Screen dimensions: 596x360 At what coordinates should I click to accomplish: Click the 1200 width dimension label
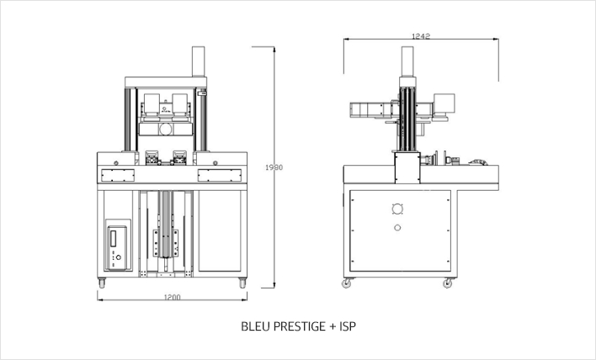click(173, 297)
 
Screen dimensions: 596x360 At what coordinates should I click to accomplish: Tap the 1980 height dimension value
click(274, 167)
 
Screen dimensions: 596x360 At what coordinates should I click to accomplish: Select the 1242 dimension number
click(421, 36)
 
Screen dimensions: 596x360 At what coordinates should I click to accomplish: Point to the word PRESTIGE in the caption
click(300, 326)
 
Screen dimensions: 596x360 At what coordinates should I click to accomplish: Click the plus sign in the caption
click(333, 326)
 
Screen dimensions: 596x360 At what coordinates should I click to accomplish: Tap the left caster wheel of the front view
click(102, 283)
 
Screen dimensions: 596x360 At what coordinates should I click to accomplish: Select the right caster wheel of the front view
click(242, 283)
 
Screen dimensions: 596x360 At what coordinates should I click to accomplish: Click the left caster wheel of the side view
click(347, 283)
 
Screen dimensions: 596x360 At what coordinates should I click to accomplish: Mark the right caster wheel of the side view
click(448, 283)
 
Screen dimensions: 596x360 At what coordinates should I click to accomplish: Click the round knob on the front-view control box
click(118, 257)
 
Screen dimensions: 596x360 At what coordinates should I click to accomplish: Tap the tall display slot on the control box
click(113, 239)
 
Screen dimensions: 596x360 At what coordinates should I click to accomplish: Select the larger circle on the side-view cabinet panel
click(397, 209)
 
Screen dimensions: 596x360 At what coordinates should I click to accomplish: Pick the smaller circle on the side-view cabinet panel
click(397, 228)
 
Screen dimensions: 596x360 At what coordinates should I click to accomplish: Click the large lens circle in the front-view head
click(166, 130)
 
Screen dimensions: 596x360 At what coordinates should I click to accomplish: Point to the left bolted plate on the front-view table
click(118, 175)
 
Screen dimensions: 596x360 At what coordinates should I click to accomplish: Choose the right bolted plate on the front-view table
click(220, 175)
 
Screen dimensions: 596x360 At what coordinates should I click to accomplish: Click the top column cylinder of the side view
click(407, 61)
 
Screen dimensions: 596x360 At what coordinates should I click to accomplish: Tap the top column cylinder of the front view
click(199, 61)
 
